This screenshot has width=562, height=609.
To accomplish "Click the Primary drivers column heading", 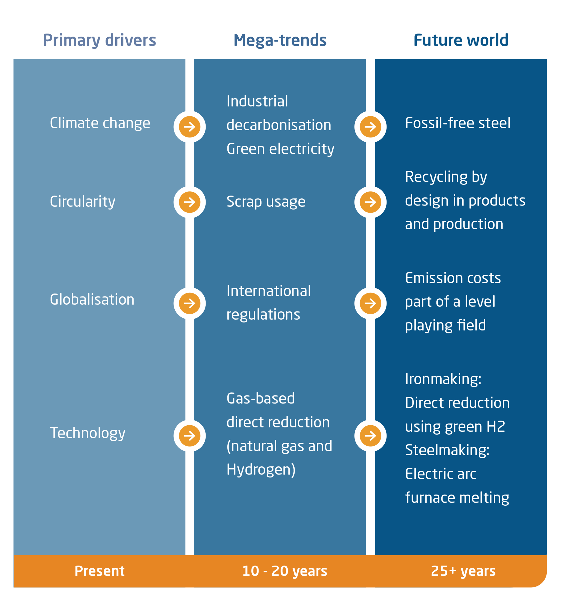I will (99, 40).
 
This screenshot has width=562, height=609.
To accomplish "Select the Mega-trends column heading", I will (280, 40).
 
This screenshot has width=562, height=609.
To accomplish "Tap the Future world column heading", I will (461, 40).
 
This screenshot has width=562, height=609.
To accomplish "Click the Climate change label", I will (100, 123).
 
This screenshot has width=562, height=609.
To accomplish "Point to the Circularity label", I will (82, 202).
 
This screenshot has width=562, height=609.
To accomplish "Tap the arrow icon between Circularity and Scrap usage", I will (189, 202).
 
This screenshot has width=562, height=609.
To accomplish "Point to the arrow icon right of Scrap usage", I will (370, 202).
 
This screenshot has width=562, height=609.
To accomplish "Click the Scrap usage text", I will (266, 202).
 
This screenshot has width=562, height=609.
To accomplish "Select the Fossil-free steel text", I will (457, 123).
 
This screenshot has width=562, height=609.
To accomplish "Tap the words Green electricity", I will (280, 149).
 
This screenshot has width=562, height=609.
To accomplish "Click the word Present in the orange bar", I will (99, 571).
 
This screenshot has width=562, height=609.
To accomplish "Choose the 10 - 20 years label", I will (284, 571).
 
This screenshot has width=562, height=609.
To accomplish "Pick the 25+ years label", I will (463, 571).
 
